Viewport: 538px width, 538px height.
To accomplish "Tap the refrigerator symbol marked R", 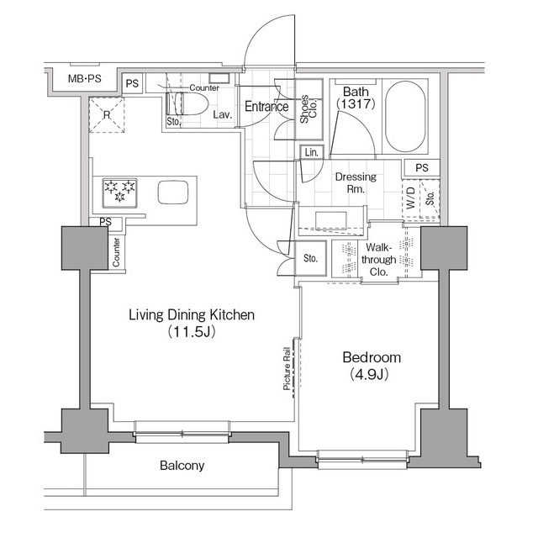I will [x=108, y=115].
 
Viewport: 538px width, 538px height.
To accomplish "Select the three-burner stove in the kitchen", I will [x=119, y=192].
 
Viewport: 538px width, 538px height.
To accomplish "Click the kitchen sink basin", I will [x=174, y=192].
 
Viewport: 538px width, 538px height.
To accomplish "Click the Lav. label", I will [x=223, y=113].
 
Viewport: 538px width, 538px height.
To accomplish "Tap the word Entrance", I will [x=267, y=107].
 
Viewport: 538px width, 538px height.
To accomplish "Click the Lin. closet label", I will [x=312, y=152].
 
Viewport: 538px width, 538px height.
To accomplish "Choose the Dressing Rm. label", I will [x=356, y=183].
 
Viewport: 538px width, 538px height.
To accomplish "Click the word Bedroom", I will [x=371, y=357].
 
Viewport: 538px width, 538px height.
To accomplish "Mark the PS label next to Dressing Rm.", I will [x=421, y=168].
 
